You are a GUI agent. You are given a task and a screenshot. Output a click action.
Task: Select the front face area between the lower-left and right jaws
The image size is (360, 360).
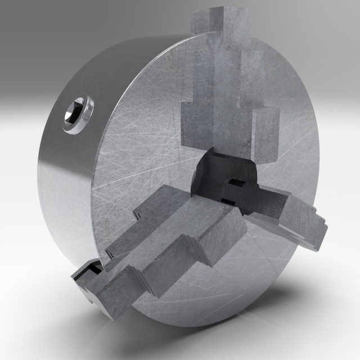click(x=236, y=270)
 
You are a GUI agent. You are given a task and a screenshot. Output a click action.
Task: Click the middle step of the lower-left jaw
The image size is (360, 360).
click(x=169, y=259)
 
